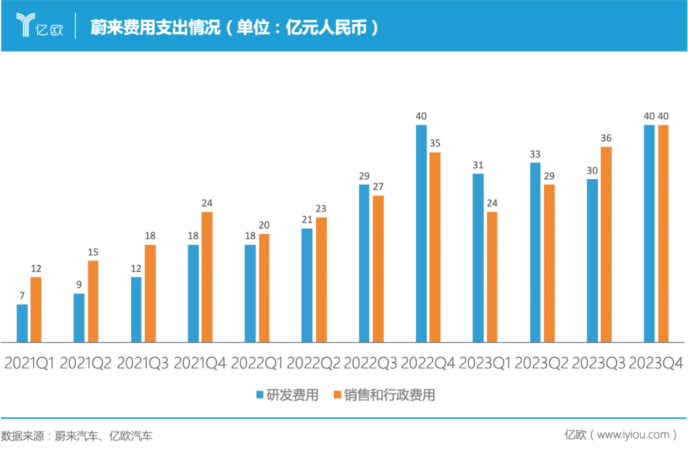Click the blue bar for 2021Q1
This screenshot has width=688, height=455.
22,324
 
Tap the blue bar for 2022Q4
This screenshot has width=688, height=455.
421,234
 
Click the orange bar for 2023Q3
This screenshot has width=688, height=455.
606,245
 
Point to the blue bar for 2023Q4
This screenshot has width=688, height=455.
649,234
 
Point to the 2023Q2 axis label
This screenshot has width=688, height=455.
542,363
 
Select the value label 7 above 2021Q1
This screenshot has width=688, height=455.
22,296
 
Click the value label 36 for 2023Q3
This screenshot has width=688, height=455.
606,138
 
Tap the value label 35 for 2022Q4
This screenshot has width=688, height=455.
435,143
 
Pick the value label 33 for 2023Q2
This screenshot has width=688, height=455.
535,154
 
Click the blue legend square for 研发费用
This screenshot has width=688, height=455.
260,395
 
